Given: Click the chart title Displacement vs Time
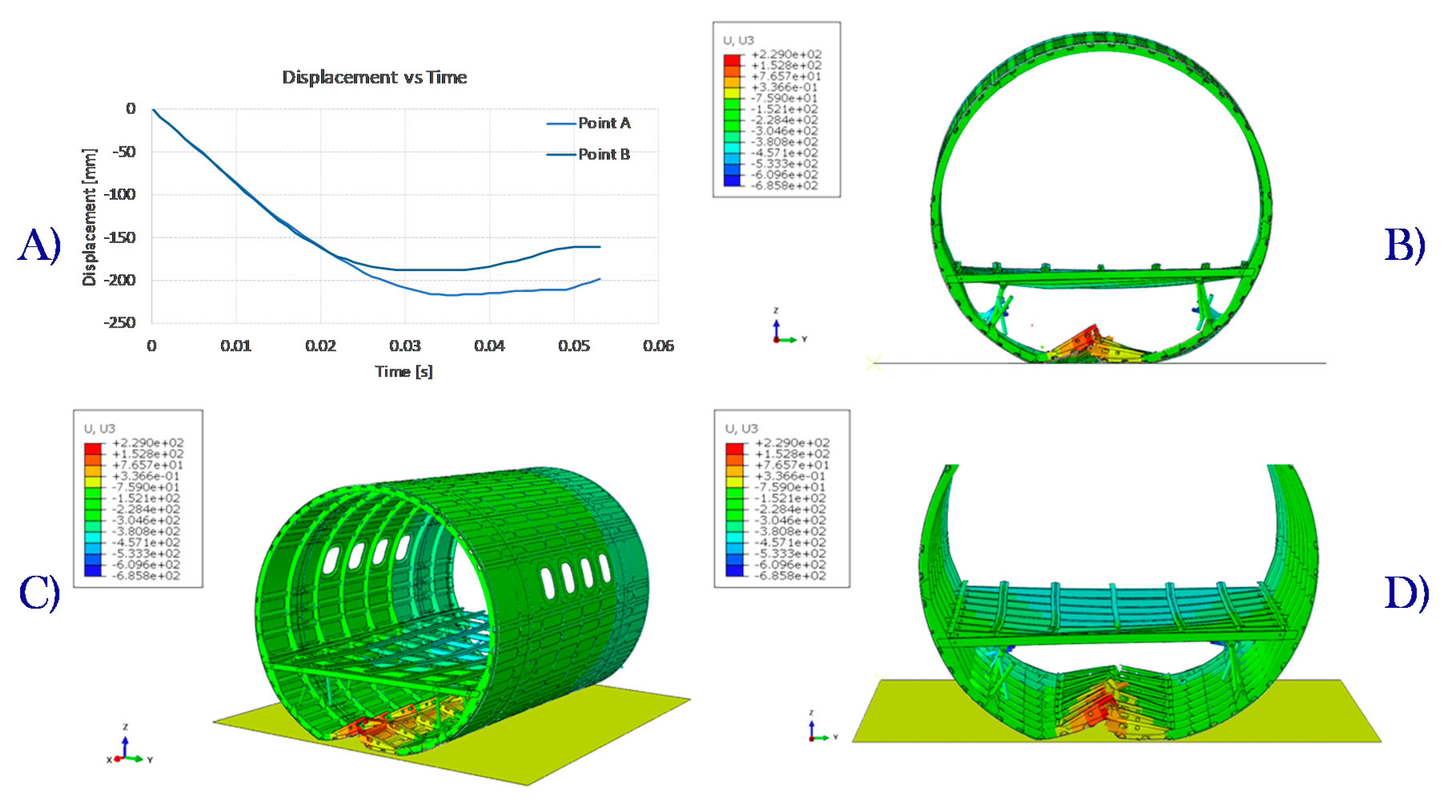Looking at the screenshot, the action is coord(374,77).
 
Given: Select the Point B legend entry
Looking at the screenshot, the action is coord(588,154).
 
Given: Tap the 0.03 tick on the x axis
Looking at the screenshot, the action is coord(405,346).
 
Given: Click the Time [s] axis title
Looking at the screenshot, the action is coord(404,372).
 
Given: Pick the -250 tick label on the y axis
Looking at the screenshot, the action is coord(119,323).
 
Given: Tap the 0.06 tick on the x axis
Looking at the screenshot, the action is coord(659,346).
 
